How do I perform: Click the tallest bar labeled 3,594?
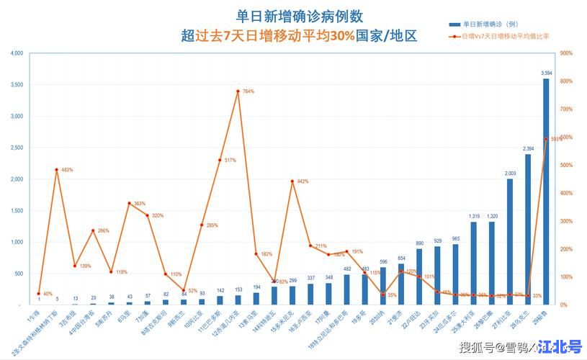[x=546, y=192]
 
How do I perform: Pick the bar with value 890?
[x=419, y=276]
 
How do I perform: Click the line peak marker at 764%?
[x=238, y=91]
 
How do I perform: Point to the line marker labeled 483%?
[x=56, y=170]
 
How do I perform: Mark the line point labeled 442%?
[x=292, y=181]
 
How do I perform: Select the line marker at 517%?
[x=220, y=160]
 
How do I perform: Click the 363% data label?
[x=141, y=204]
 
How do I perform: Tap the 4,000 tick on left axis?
[x=17, y=53]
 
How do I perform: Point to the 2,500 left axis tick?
[x=17, y=148]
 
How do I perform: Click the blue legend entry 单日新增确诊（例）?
[x=490, y=24]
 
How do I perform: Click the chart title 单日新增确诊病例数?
[x=300, y=16]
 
